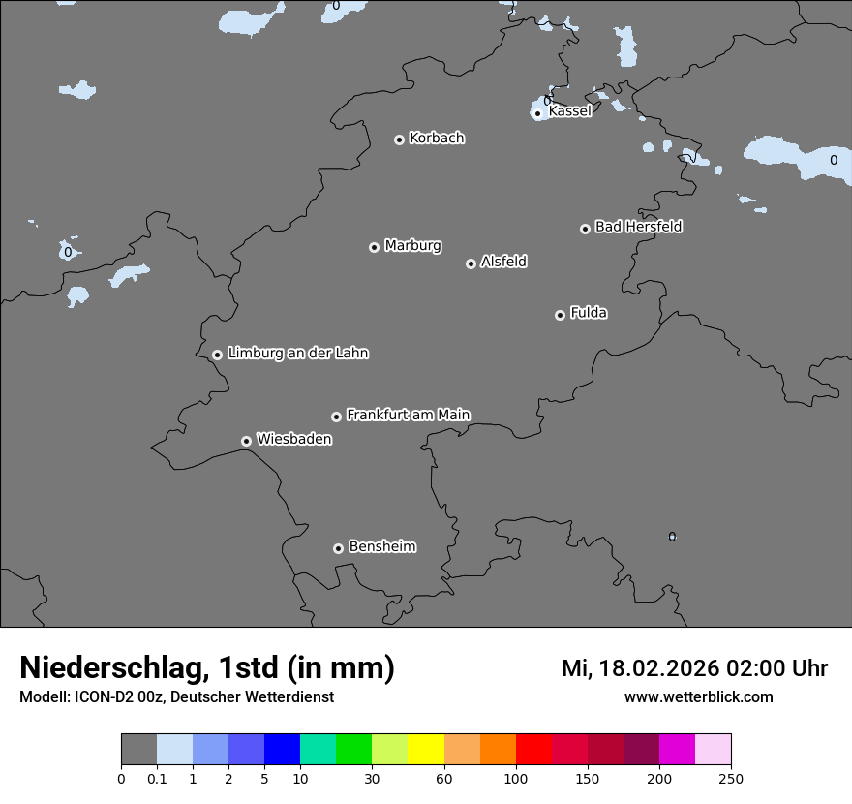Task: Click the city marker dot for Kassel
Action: point(537,114)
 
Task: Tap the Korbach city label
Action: point(437,139)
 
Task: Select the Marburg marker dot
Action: point(374,247)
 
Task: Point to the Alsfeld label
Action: point(503,262)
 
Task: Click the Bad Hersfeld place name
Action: point(638,227)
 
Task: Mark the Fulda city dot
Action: point(560,315)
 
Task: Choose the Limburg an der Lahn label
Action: point(297,354)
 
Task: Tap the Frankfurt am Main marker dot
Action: point(336,417)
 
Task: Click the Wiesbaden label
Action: point(293,440)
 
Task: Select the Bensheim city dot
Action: point(338,548)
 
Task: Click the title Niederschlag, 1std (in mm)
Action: point(207,667)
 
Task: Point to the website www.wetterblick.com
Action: point(698,697)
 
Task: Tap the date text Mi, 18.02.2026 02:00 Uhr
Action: point(694,668)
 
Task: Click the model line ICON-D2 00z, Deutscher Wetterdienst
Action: point(176,697)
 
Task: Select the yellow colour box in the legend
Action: point(426,750)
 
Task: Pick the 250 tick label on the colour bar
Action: point(731,778)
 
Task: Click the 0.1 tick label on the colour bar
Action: point(157,778)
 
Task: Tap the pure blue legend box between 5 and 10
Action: point(282,750)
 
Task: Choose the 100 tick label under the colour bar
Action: point(516,778)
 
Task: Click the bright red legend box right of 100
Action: point(533,750)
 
